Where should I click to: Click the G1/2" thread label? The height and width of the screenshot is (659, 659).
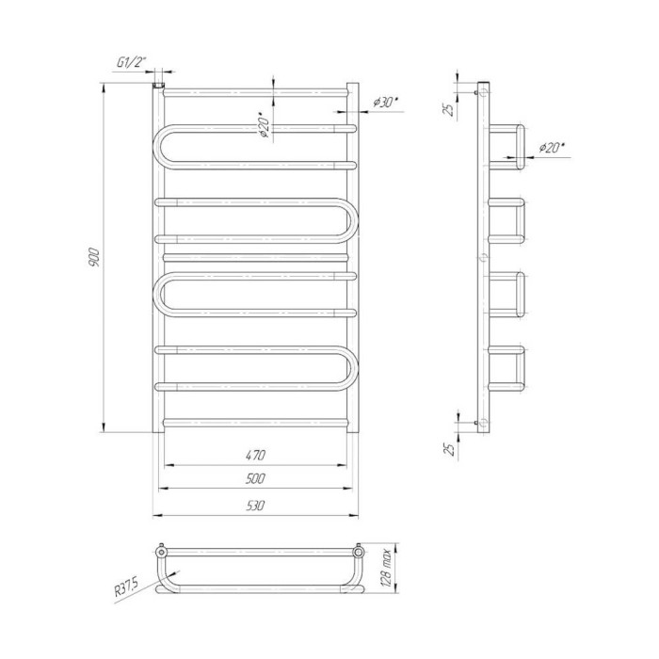[x=131, y=63]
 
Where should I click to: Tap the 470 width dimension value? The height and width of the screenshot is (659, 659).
[x=255, y=455]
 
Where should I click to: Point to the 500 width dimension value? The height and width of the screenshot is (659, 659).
[x=255, y=478]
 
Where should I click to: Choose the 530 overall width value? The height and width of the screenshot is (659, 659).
[x=255, y=506]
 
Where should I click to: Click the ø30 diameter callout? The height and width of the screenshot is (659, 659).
[x=385, y=102]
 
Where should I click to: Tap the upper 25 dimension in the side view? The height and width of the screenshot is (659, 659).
[x=450, y=110]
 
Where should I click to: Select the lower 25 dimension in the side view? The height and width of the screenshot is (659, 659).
[x=450, y=449]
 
